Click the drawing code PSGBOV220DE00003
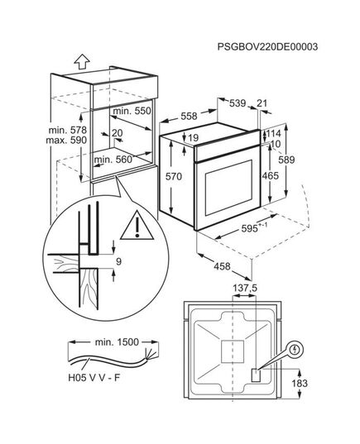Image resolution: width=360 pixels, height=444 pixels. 267,47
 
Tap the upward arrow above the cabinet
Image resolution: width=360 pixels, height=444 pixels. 82,62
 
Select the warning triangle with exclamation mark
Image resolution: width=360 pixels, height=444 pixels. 137,226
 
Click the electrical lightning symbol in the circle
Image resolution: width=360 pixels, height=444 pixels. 295,350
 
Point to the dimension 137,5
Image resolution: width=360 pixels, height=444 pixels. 245,289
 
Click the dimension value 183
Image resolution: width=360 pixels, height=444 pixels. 300,383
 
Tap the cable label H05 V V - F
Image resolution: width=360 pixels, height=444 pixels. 94,378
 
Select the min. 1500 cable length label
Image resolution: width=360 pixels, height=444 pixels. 117,342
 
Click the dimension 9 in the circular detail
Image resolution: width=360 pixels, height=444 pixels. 119,261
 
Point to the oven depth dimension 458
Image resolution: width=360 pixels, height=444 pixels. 222,266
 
